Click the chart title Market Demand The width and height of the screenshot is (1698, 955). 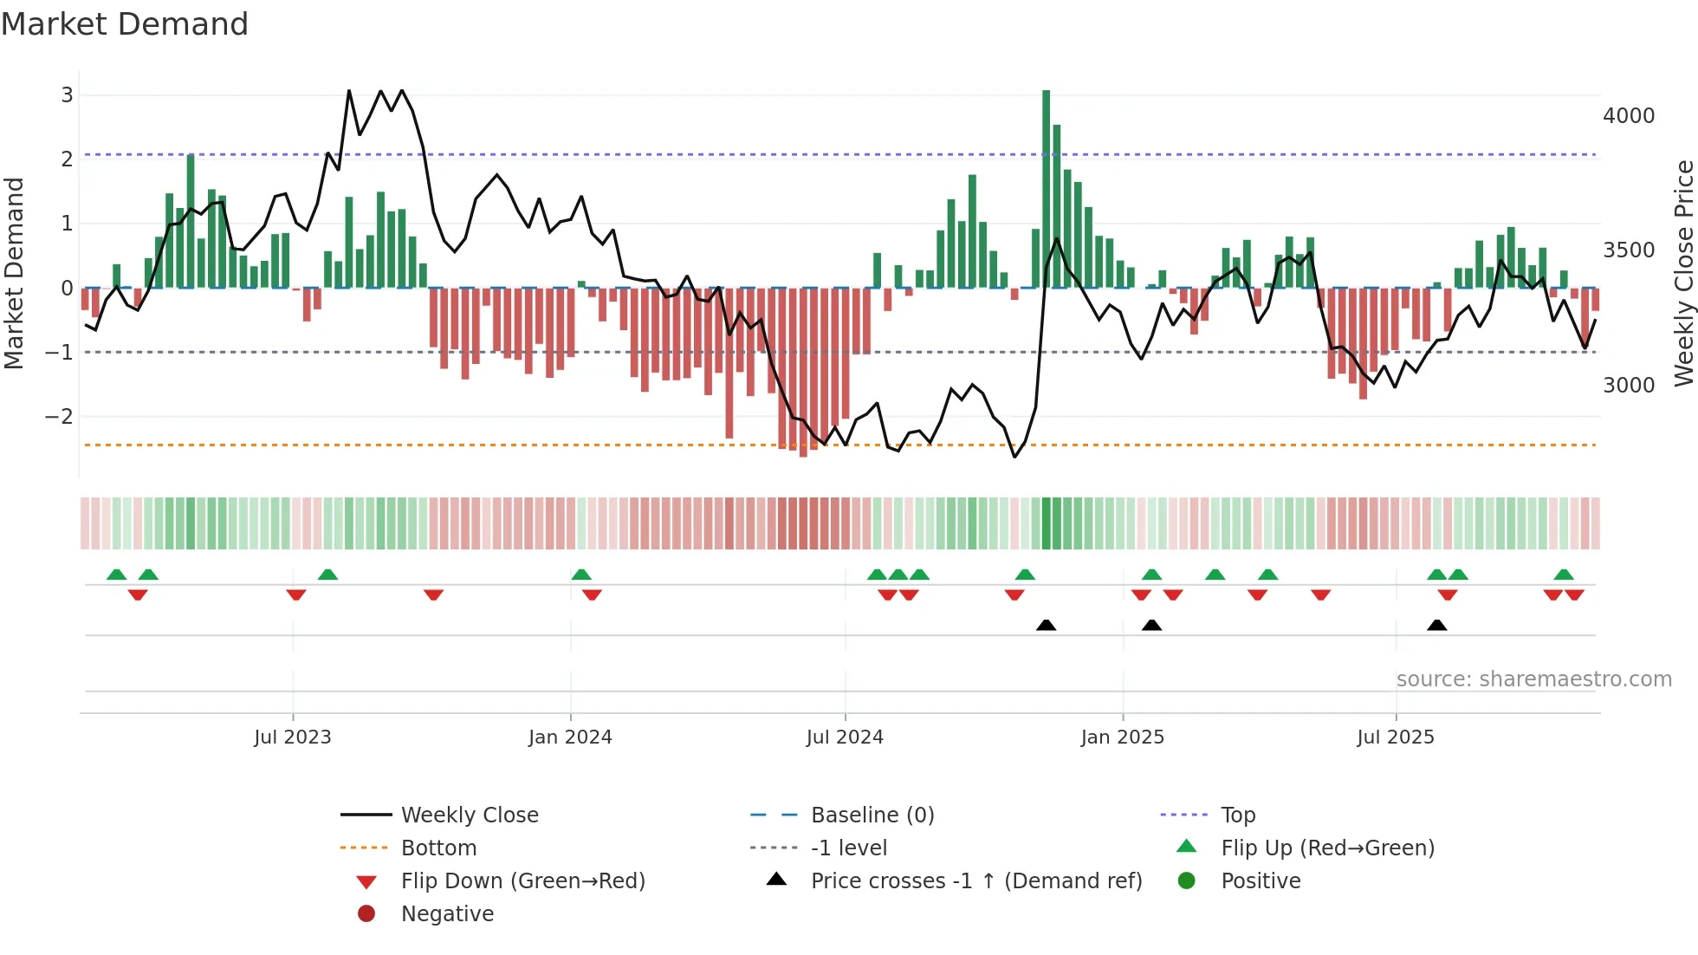tap(125, 24)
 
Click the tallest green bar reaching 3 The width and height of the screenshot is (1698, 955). tap(1046, 188)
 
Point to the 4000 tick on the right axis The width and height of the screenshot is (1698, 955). tap(1628, 115)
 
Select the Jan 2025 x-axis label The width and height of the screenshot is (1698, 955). tap(1122, 737)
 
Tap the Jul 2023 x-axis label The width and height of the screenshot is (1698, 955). tap(293, 737)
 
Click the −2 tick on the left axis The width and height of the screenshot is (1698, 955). tap(60, 417)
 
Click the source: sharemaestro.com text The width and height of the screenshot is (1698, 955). tap(1533, 679)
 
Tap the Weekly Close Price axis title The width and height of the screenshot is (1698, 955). tap(1683, 273)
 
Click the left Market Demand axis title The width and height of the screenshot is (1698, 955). tap(14, 273)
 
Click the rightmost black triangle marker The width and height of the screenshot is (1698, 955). tap(1436, 626)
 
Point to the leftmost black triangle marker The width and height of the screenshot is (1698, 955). tap(1046, 626)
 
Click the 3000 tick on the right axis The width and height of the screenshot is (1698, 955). tap(1628, 386)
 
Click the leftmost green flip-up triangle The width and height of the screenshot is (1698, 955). tap(117, 575)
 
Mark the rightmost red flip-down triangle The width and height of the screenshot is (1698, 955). tap(1574, 594)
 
